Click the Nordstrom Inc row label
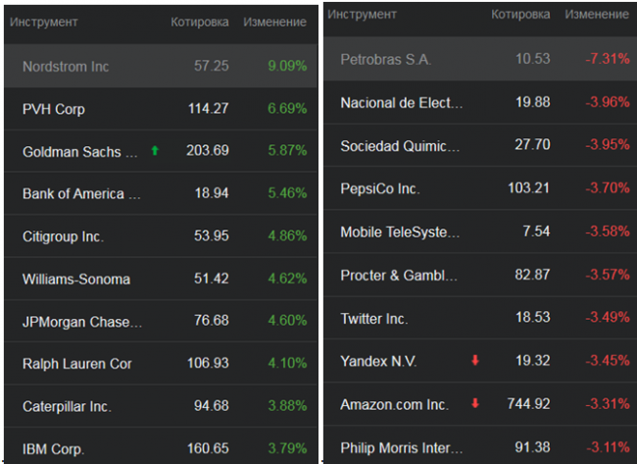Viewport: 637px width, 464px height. (x=66, y=67)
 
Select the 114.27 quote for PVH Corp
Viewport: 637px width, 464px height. (x=208, y=109)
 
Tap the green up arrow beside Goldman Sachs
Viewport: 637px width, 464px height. (x=154, y=151)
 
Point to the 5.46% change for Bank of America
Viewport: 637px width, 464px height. (x=287, y=194)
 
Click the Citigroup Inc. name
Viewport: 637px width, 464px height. (x=63, y=236)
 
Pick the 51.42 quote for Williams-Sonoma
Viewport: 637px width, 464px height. (x=208, y=280)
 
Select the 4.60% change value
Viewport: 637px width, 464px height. (x=287, y=322)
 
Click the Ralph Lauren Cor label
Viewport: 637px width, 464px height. (x=77, y=364)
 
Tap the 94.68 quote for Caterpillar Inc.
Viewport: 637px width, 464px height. (x=208, y=406)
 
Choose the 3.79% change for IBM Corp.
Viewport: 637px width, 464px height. (x=287, y=449)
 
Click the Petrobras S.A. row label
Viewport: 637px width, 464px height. (x=385, y=60)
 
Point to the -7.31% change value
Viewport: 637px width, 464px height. (x=608, y=60)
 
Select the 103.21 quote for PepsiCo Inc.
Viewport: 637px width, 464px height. (x=529, y=188)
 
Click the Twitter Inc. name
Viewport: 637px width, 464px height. (x=374, y=319)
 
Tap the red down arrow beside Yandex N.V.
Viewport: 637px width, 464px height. (x=475, y=361)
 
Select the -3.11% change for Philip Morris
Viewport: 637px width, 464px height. (x=608, y=447)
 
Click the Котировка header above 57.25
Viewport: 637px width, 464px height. (x=200, y=22)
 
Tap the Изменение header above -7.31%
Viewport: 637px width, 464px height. (x=598, y=15)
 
